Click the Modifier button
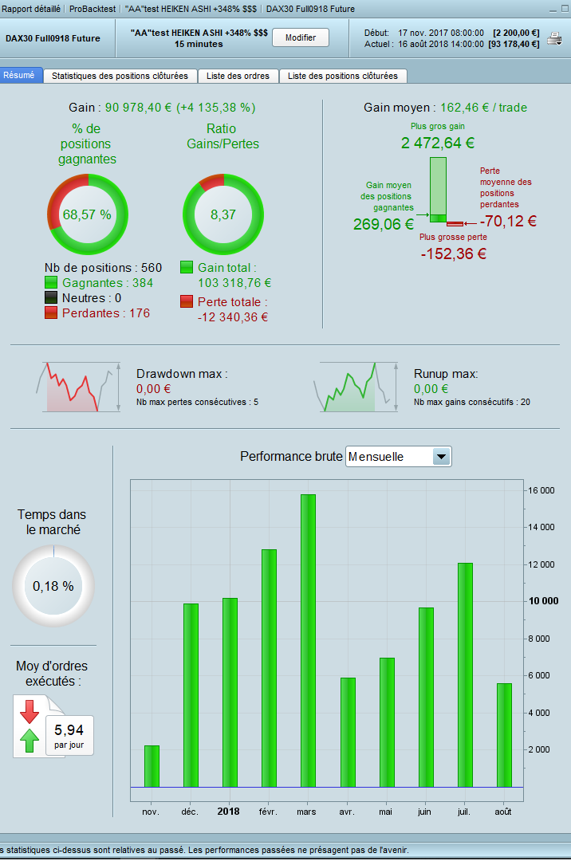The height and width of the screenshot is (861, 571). [301, 37]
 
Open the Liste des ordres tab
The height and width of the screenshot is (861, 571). [238, 76]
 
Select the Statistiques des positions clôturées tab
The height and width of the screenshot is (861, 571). [120, 76]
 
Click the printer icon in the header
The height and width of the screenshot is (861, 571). [553, 38]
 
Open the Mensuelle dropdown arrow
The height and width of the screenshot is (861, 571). [441, 457]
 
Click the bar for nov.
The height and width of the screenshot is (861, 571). [152, 766]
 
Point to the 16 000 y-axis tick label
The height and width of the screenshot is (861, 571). [541, 490]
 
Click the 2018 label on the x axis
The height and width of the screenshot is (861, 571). [228, 811]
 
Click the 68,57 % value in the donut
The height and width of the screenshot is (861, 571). [87, 214]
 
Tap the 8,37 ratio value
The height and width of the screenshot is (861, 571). [222, 214]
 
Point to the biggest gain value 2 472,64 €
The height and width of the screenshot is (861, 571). [438, 143]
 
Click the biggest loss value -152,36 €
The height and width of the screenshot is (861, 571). [454, 254]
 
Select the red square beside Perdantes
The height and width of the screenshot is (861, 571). [52, 313]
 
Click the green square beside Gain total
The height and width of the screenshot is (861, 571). [187, 268]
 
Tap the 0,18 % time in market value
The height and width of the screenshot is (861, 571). [53, 586]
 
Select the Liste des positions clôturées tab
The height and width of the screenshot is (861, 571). [343, 76]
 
